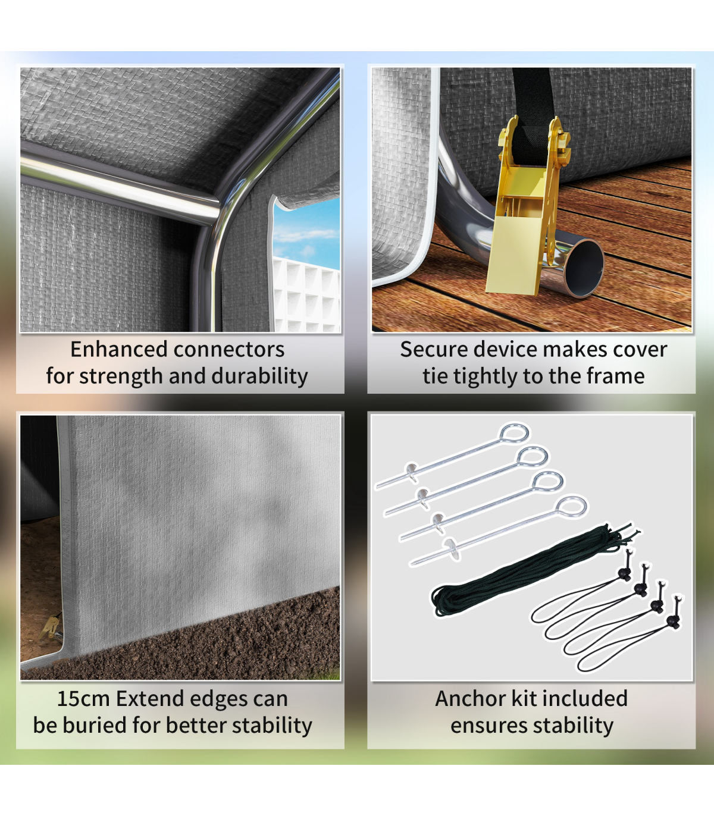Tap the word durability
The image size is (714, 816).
pos(259,376)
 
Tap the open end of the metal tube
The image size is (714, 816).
pos(585,268)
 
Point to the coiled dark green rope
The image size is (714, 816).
pos(531,571)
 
